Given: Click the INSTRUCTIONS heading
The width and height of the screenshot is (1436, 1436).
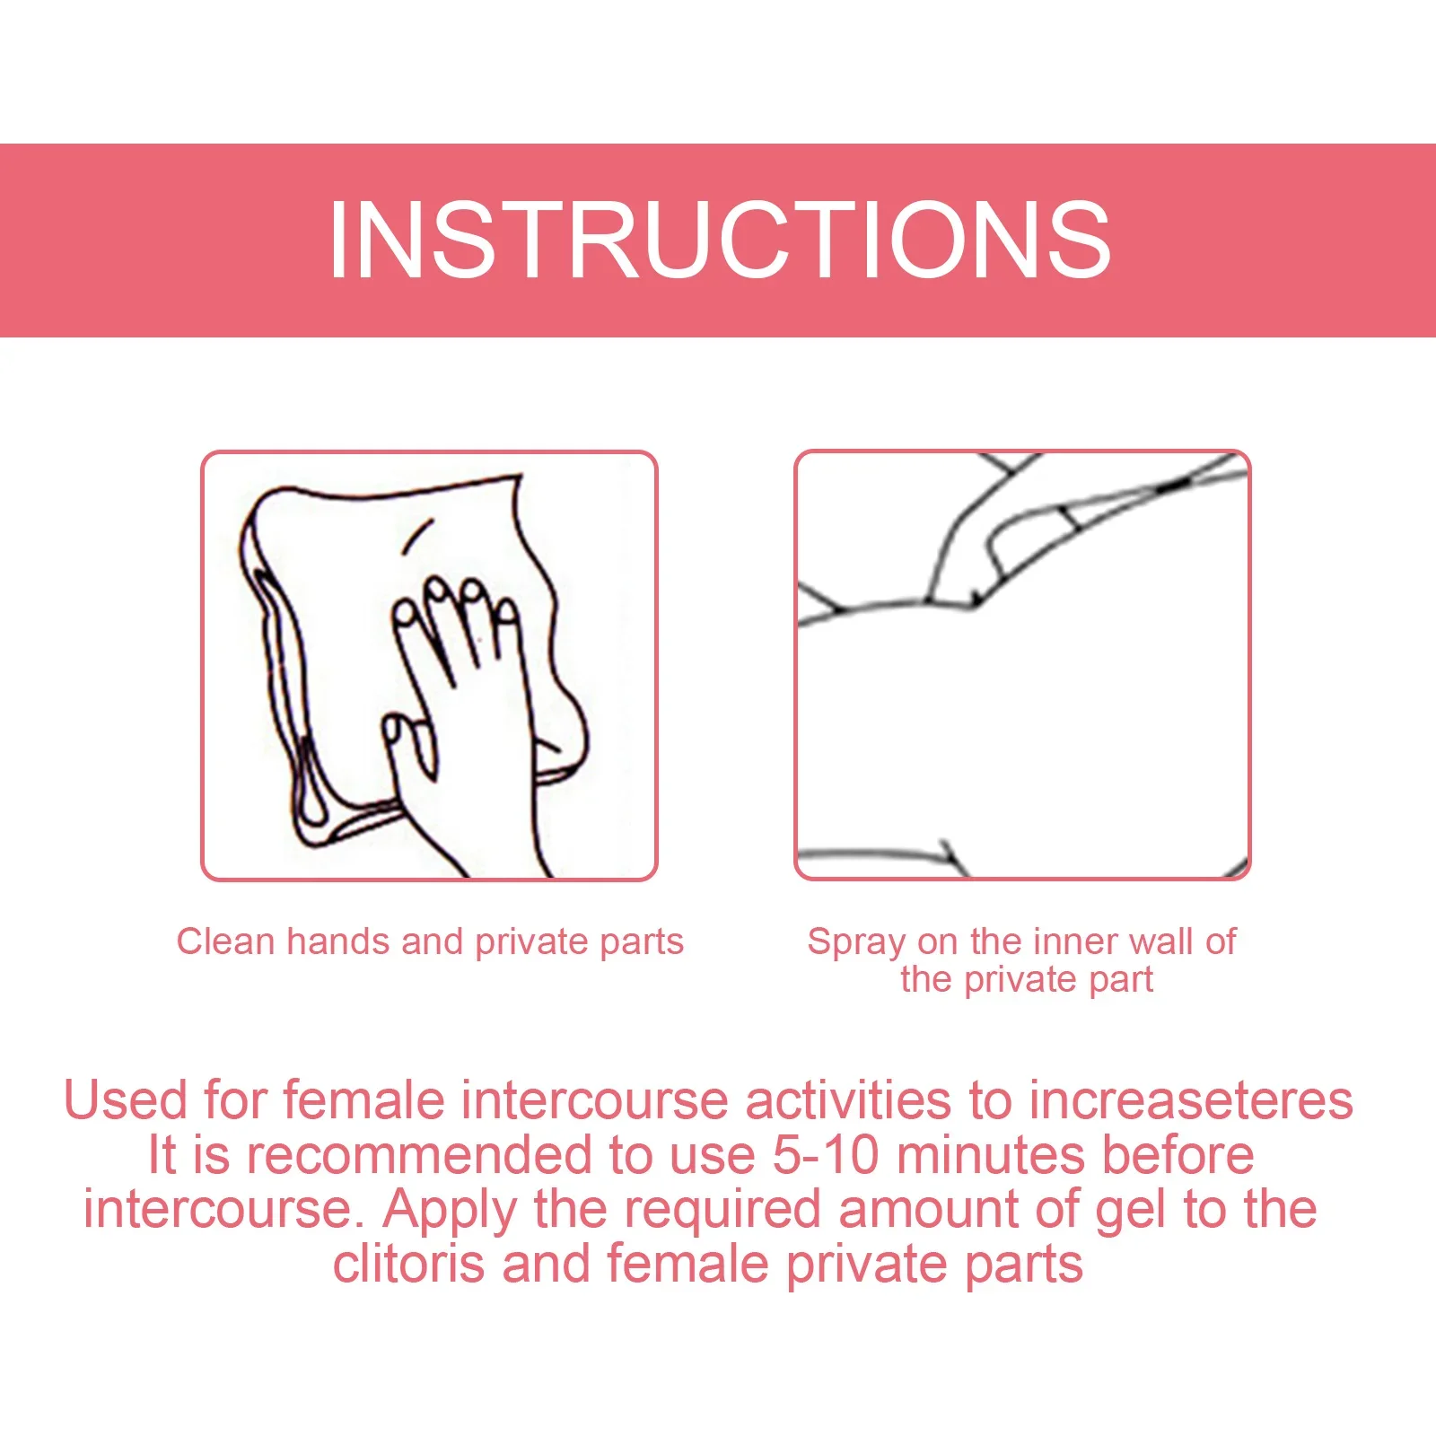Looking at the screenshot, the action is click(720, 240).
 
